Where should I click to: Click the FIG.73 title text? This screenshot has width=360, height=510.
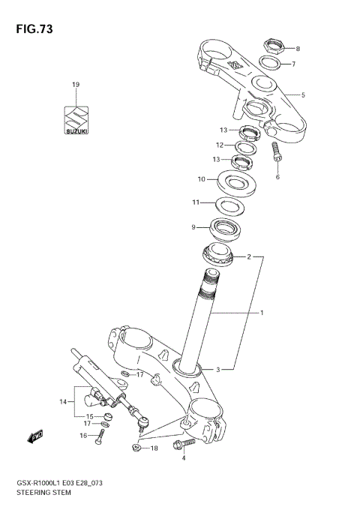pos(31,29)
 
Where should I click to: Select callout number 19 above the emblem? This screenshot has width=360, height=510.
pos(75,85)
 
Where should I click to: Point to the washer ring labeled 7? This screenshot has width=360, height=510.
pos(271,63)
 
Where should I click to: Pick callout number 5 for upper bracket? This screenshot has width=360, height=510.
pos(303,95)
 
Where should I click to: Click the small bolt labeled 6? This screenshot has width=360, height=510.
pos(275,152)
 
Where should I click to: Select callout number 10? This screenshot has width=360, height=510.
pos(201,179)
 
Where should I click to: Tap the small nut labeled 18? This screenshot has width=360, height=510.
pos(137,448)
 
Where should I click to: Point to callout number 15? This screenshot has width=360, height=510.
pos(89,416)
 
